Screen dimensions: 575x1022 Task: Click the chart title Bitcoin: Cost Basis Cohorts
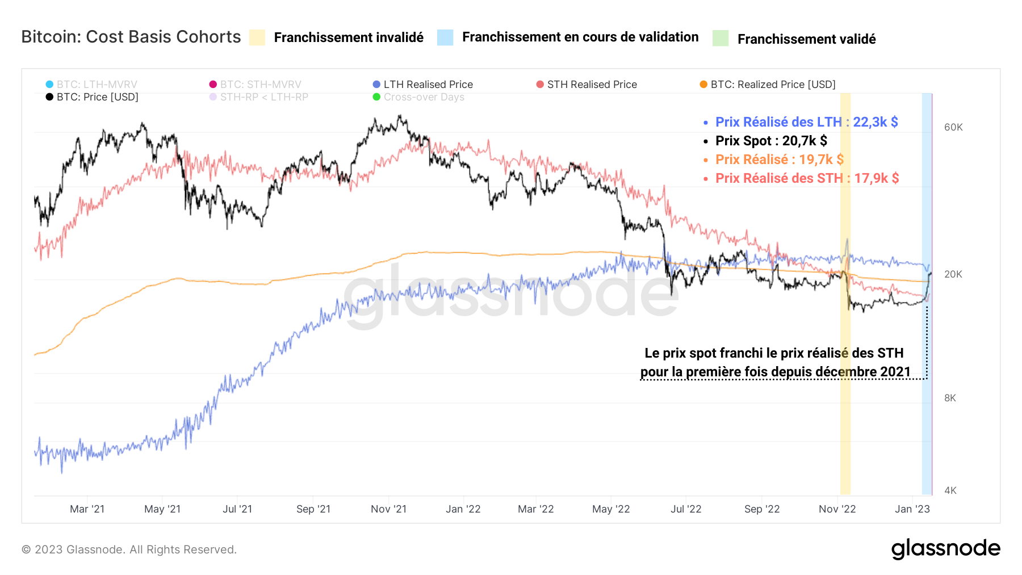point(131,37)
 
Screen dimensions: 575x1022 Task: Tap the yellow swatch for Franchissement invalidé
point(257,37)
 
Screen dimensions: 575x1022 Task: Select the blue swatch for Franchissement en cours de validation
point(445,37)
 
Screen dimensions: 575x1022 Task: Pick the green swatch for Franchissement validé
point(721,38)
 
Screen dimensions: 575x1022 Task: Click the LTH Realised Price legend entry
point(422,85)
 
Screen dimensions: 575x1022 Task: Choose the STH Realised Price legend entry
point(587,85)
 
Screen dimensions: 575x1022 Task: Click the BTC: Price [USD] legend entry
point(92,97)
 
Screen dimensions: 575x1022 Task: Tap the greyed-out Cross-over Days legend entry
point(418,97)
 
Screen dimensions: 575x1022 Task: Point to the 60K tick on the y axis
point(953,127)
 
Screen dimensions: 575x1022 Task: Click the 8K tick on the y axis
point(950,398)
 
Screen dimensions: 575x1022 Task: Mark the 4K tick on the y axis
point(950,490)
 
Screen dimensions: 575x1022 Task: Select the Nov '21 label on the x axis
point(388,509)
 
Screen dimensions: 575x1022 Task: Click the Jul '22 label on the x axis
point(686,509)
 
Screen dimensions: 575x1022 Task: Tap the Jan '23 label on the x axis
point(912,509)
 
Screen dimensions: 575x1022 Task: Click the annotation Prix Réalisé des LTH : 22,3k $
point(806,122)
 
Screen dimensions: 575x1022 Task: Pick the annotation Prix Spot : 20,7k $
point(771,141)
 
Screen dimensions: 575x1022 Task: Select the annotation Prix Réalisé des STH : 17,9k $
point(807,178)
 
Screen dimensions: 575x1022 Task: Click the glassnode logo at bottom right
point(945,549)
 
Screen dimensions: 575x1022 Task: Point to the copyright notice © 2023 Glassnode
point(129,549)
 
